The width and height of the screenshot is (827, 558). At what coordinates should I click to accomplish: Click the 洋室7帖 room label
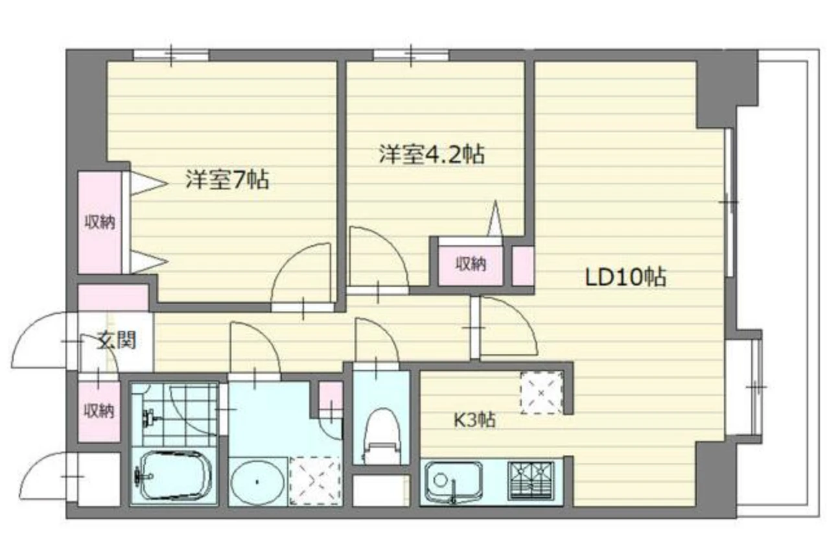[227, 180]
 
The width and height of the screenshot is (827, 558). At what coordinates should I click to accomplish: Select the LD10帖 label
[626, 277]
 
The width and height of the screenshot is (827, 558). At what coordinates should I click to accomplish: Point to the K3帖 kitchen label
[474, 420]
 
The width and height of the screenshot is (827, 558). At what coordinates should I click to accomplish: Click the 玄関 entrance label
[117, 340]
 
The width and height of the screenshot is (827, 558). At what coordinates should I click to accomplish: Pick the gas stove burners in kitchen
[531, 480]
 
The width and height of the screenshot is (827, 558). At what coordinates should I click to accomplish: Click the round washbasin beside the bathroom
[257, 482]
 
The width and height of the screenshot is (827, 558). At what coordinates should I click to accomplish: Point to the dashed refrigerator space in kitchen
[542, 393]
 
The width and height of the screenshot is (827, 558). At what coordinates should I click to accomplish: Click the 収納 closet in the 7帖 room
[100, 223]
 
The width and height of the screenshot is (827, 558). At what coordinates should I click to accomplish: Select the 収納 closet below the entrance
[99, 411]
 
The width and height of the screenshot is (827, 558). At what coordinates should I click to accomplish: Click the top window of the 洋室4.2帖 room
[411, 56]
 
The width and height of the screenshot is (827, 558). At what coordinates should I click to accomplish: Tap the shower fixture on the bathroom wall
[150, 418]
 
